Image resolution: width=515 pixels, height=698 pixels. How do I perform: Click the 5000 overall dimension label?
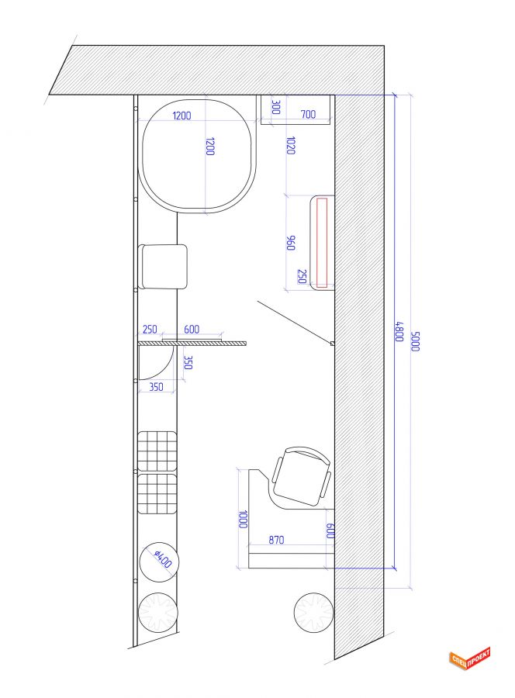coord(415,341)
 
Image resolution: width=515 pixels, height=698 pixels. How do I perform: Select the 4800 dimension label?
coord(399,332)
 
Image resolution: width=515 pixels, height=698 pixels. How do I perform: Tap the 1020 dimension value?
coord(290,146)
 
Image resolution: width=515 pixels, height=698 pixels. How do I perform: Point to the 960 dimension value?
coord(290,243)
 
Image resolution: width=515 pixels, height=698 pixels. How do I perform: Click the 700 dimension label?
coord(308,115)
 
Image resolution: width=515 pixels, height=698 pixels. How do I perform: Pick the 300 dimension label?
coord(275,107)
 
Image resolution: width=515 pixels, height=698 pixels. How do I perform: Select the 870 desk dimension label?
coord(276,540)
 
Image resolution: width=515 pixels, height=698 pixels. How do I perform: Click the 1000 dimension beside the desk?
coord(243,519)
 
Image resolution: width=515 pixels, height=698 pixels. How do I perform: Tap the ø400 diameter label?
coord(162,559)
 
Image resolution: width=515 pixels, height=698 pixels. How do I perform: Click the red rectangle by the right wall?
coord(322,243)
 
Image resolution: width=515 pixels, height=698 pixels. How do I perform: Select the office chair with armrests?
coord(302,477)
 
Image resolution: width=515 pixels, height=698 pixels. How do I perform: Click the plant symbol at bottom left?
coord(158,612)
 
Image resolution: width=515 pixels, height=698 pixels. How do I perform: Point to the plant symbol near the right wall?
coord(313,613)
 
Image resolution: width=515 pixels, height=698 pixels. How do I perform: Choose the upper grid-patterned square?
coord(157,451)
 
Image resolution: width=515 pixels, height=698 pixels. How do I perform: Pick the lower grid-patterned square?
coord(157,494)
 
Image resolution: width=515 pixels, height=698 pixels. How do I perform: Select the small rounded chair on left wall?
coord(163,267)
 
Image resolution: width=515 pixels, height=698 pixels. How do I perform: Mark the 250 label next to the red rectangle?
coord(302,276)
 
